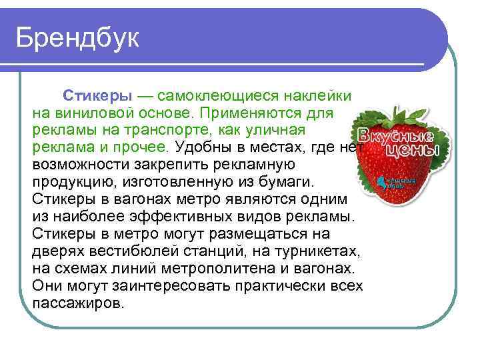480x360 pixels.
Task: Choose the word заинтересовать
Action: click(x=174, y=286)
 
